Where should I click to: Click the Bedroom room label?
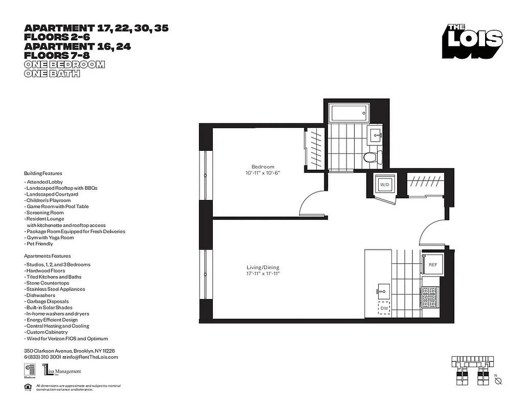262,167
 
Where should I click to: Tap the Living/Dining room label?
263,267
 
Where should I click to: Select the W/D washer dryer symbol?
384,185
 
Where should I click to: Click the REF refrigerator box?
432,265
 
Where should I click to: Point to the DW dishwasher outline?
384,308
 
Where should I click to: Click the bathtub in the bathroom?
349,113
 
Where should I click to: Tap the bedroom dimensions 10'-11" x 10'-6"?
262,173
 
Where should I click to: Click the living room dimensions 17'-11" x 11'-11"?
263,274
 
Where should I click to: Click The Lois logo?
473,41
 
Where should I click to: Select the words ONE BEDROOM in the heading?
64,64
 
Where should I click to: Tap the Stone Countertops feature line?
47,283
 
